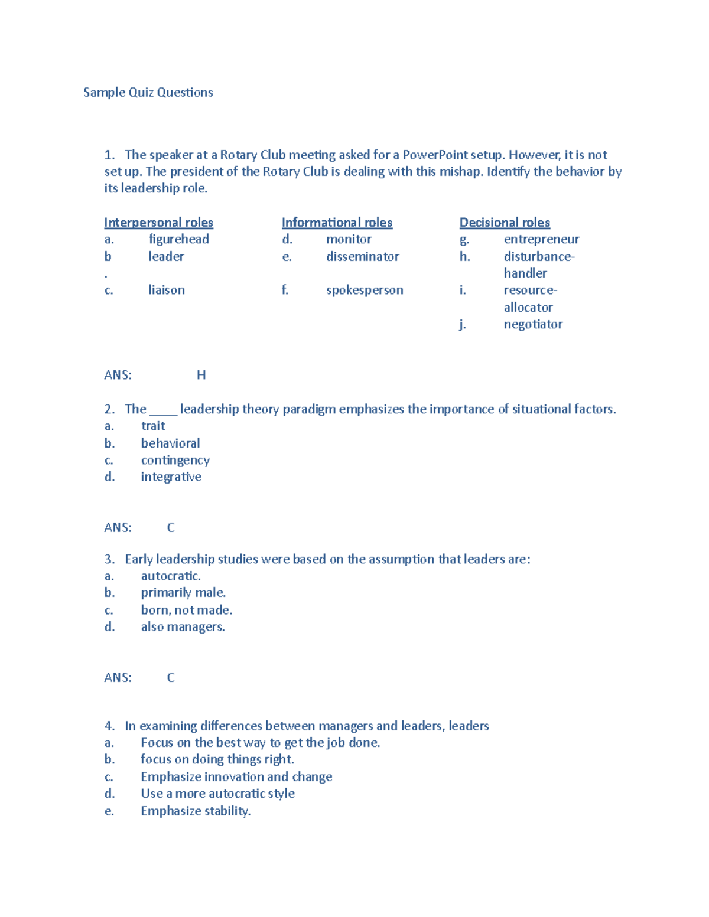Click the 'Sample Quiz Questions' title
coord(148,92)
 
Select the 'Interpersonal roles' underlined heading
coord(158,223)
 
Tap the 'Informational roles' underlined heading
coord(337,223)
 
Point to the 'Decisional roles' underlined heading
coord(505,223)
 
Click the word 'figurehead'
coord(178,239)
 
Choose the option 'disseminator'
coord(362,257)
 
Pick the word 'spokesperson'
coord(365,291)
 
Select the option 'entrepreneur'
coord(541,239)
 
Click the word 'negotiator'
coord(533,324)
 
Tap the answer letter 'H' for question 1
coord(201,375)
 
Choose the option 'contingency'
coord(175,460)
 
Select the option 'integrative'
coord(171,477)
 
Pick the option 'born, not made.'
coord(186,610)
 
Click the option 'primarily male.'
coord(183,593)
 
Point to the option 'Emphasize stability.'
coord(196,811)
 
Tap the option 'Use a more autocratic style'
coord(217,794)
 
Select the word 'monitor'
coord(349,239)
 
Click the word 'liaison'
coord(166,291)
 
